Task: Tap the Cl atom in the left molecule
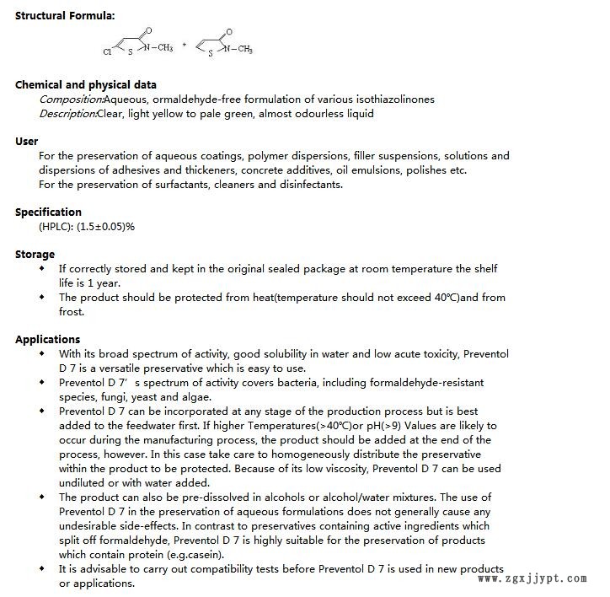pos(107,51)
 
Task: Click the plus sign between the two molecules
pos(185,45)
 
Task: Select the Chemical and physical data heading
pos(85,85)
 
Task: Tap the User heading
pos(27,142)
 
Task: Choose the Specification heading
pos(48,212)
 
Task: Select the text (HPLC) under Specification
pos(56,227)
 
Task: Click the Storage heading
pos(35,255)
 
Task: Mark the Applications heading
pos(47,340)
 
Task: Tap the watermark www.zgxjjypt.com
pos(532,579)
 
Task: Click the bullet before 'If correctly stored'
pos(43,269)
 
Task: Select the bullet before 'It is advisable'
pos(43,568)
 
